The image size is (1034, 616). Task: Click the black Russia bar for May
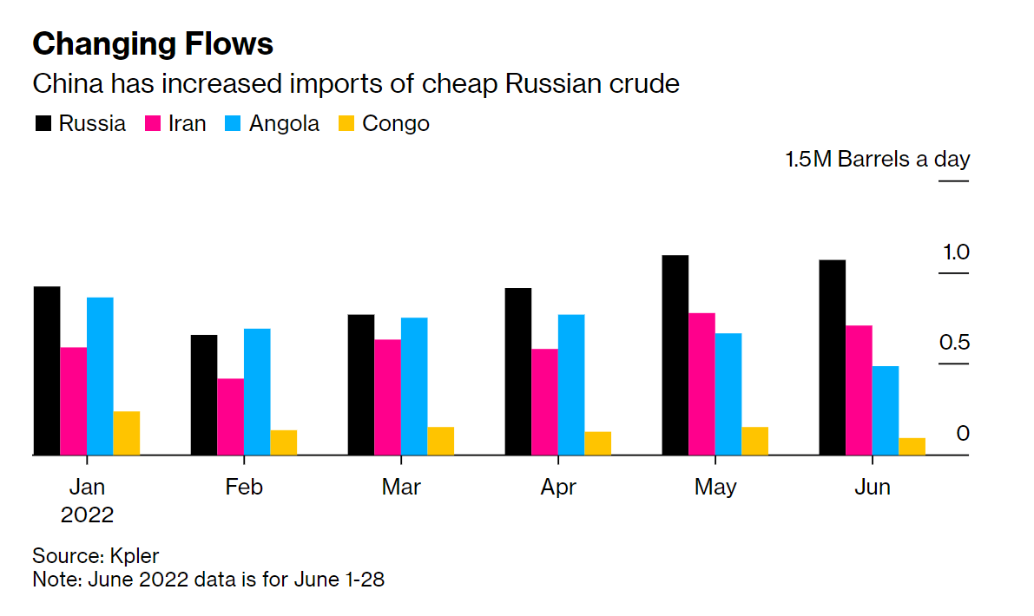pos(675,355)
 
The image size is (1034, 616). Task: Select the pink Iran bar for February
pos(230,416)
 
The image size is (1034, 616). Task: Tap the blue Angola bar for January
pos(100,376)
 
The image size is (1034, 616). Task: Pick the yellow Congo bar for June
pos(912,446)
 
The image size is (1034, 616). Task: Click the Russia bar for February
pos(204,395)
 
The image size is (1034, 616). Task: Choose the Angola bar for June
pos(886,410)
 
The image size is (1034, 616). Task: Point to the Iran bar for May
pos(701,383)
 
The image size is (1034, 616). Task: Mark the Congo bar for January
pos(127,433)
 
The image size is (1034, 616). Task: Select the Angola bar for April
pos(571,384)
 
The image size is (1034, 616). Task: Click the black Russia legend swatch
pos(43,124)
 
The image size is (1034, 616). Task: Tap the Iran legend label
pos(187,124)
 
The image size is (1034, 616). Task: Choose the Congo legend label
pos(395,124)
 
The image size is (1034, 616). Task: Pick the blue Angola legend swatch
pos(233,124)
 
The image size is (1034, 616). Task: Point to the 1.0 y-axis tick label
pos(955,252)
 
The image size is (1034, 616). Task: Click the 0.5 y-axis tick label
pos(953,343)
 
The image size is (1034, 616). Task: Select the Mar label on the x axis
pos(401,487)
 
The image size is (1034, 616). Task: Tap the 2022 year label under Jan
pos(87,514)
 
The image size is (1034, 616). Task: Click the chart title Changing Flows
pos(153,44)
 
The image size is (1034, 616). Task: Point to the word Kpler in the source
pos(135,555)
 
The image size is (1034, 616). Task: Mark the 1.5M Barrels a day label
pos(877,160)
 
